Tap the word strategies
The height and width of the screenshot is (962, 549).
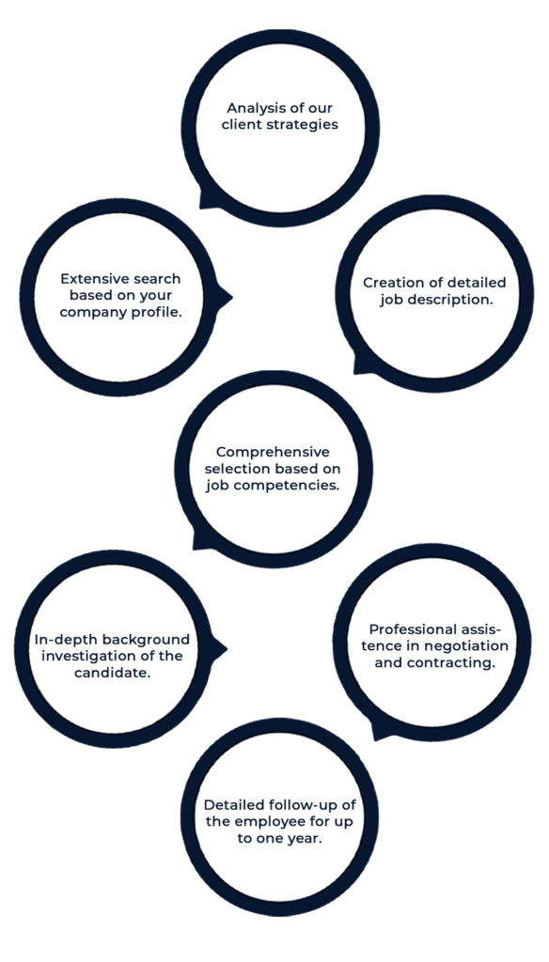[x=307, y=125]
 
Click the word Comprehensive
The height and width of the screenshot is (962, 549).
[x=273, y=453]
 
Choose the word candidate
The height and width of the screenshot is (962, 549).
[x=113, y=673]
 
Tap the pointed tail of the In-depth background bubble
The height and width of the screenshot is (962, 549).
[x=226, y=648]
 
